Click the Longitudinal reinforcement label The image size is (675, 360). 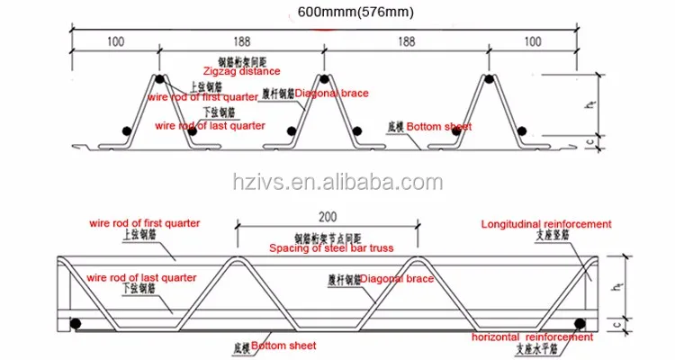pos(546,224)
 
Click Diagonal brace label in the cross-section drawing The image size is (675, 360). pos(323,93)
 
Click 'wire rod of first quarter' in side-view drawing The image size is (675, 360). pos(144,222)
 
